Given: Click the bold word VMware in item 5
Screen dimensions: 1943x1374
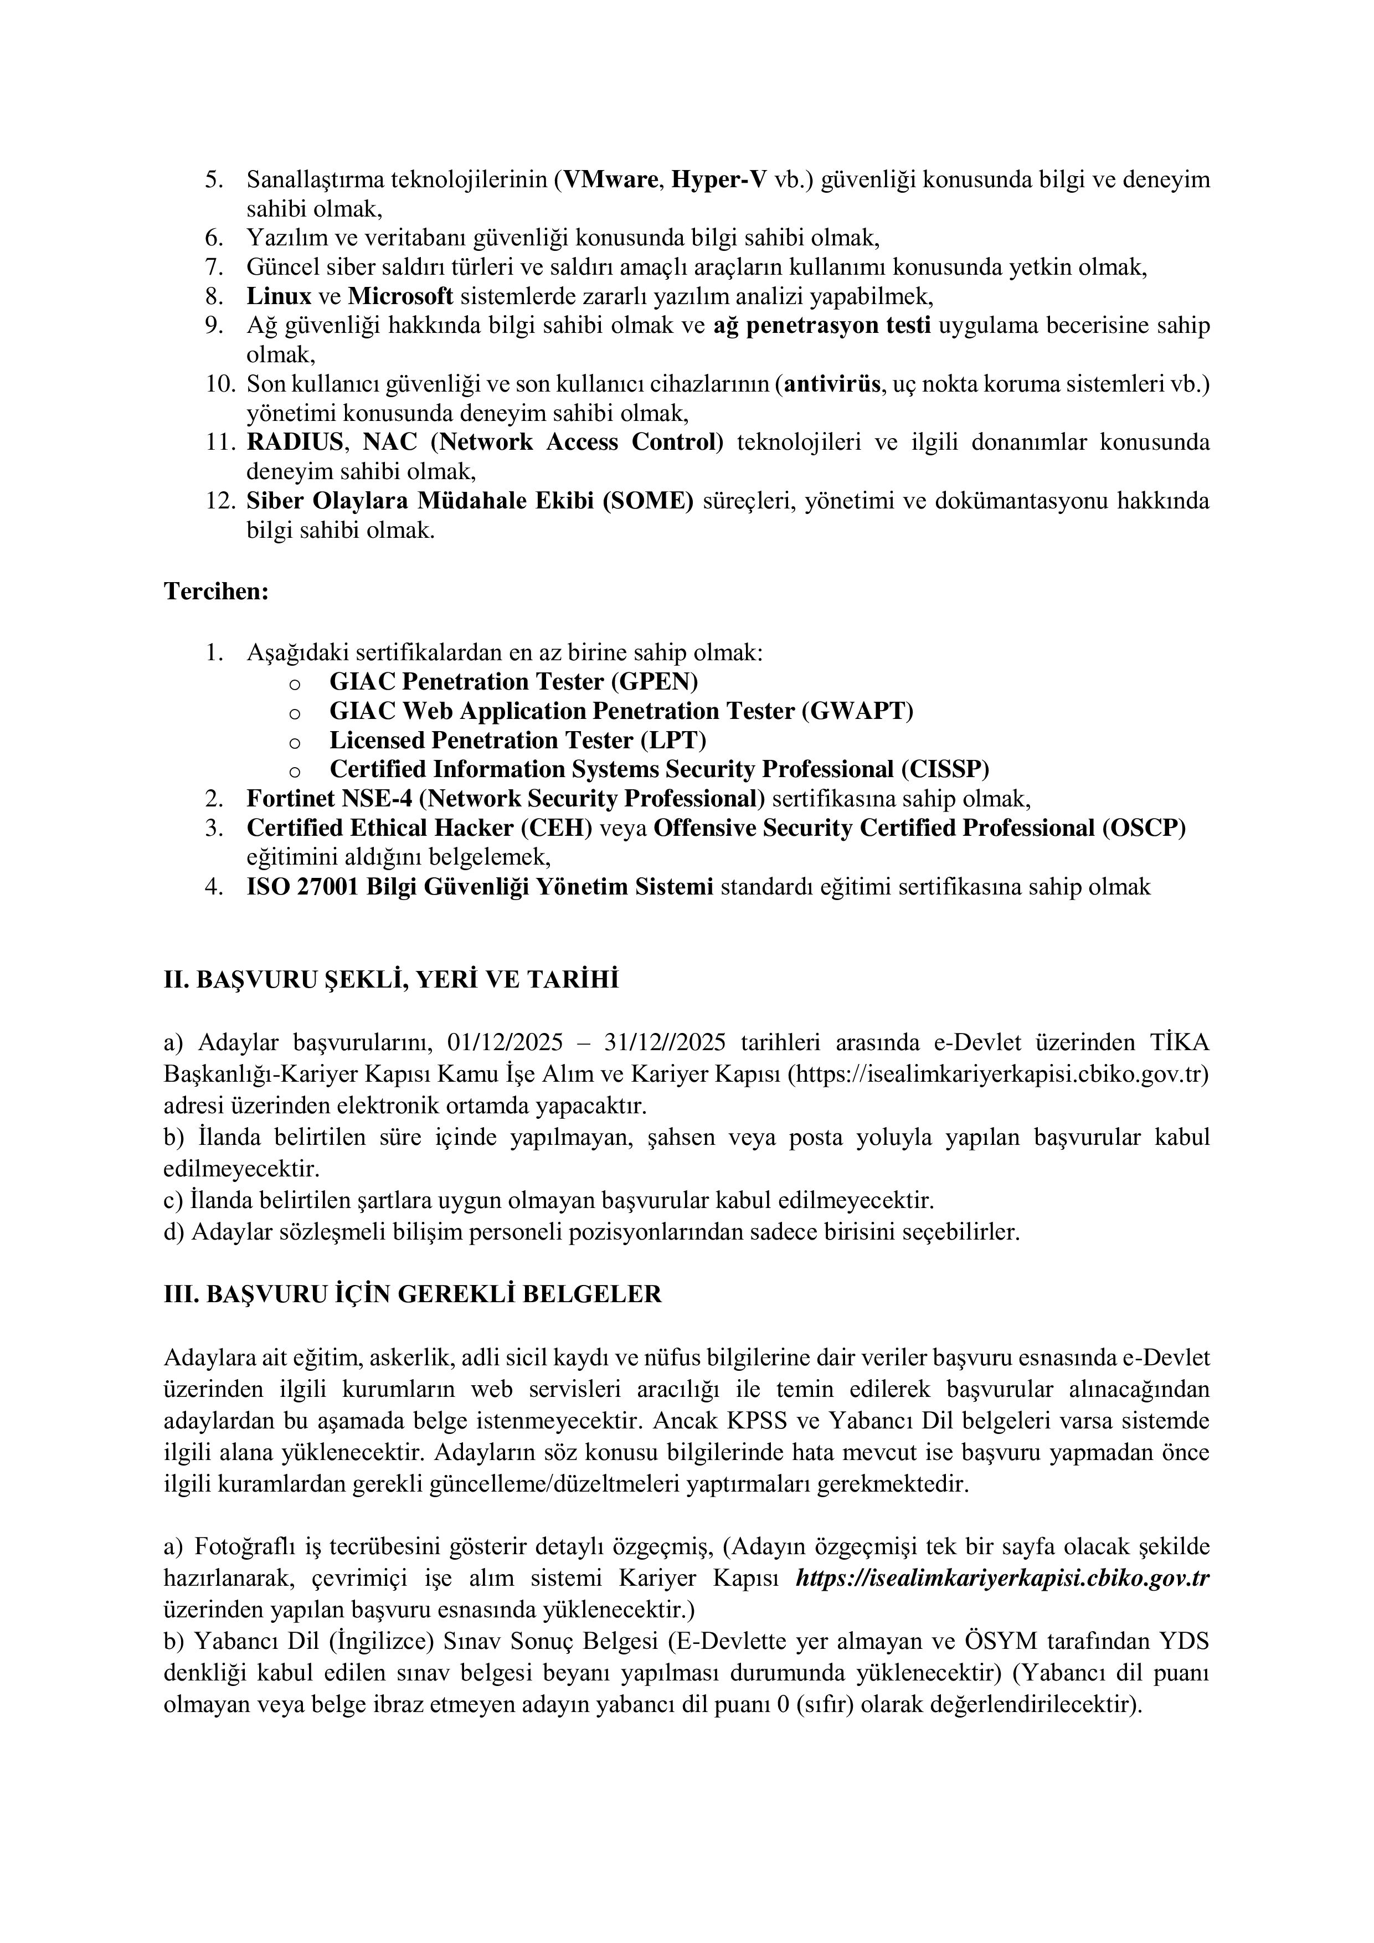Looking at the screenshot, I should (x=609, y=180).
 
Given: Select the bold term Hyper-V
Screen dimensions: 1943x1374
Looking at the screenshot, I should (x=719, y=180).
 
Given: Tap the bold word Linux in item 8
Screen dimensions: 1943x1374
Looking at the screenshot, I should (x=279, y=297).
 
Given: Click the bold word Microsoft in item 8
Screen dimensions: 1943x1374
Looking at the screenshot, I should (x=401, y=297).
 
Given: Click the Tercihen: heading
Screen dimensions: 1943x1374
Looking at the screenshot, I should (x=216, y=592).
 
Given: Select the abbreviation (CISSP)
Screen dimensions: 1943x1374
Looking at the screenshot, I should (x=944, y=769).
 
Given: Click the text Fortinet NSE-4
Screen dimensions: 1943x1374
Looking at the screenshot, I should (x=329, y=799).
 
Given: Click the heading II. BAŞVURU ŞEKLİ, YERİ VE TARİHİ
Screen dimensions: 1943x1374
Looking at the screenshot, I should (x=391, y=980).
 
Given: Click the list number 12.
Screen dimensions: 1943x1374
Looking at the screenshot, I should (x=219, y=501).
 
